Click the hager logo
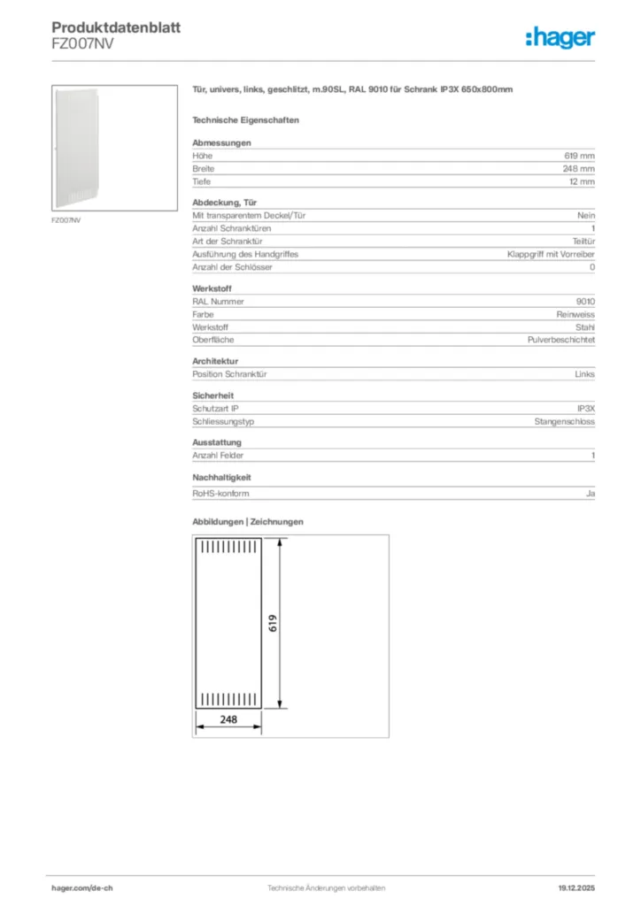click(560, 37)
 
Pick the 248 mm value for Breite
click(581, 168)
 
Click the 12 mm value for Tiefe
click(583, 181)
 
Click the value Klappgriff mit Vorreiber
click(551, 254)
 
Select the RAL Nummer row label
click(218, 301)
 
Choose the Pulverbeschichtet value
click(561, 340)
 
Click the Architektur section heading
click(215, 361)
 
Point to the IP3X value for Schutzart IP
click(585, 409)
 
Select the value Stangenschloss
click(565, 421)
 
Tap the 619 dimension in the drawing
click(274, 623)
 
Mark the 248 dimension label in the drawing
click(228, 720)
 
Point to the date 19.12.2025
click(576, 887)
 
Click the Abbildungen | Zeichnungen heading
click(248, 522)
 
